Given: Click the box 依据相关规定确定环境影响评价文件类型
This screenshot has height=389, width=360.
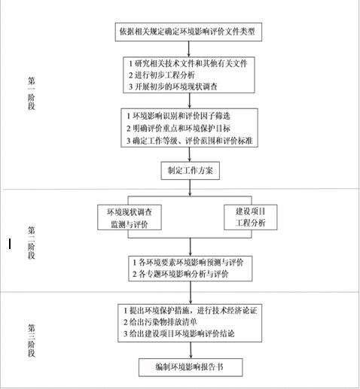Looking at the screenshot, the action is tap(188, 32).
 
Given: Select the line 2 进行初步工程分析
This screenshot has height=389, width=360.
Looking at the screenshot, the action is tap(162, 75).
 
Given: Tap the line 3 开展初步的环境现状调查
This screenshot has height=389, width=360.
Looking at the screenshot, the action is tap(173, 87).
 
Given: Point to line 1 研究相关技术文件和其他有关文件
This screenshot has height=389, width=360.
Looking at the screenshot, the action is tap(188, 63).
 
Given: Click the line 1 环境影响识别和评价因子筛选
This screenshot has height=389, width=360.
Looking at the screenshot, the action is tap(178, 116).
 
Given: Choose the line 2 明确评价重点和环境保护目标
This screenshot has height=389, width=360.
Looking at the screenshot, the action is tap(178, 128).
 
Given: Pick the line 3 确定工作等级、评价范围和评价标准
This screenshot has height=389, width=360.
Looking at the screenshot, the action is tap(190, 141).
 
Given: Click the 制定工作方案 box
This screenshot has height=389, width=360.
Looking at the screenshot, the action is tap(191, 171).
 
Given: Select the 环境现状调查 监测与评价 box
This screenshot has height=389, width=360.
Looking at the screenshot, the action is tap(130, 217).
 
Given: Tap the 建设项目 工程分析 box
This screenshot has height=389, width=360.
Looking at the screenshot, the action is tap(251, 217).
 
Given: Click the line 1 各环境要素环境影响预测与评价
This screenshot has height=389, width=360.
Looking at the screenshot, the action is tap(188, 263).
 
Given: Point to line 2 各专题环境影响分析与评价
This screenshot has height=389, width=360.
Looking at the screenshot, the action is tap(181, 274).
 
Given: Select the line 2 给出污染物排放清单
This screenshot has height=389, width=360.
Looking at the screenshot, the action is tap(160, 322).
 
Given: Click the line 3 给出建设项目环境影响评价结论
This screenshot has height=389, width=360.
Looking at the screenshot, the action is tap(179, 333).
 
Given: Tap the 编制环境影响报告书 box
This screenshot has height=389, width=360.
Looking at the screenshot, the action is tap(191, 367).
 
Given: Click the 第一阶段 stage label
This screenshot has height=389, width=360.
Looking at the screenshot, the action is tap(32, 93).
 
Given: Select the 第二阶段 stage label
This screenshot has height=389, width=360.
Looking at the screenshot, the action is tap(32, 242).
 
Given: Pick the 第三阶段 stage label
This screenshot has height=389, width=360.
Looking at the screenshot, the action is tap(32, 340).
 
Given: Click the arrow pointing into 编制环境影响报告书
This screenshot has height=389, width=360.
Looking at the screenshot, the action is tap(191, 350).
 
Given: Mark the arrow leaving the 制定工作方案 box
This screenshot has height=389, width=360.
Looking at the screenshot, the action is tap(190, 188).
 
